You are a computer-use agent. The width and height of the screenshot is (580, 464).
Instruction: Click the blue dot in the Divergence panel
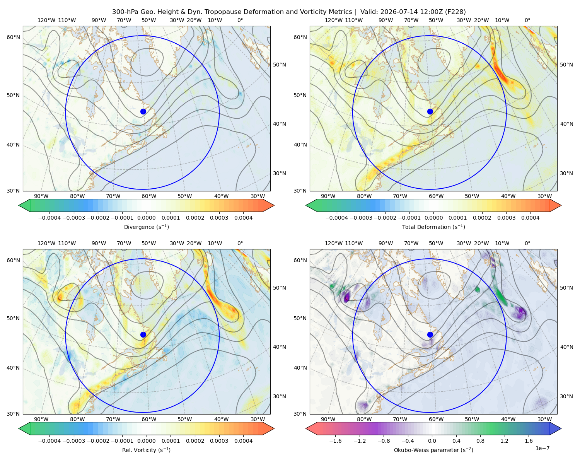tap(143, 111)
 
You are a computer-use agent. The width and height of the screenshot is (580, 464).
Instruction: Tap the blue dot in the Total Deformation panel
tap(430, 111)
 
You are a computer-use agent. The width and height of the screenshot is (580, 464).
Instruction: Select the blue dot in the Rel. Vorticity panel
tap(143, 334)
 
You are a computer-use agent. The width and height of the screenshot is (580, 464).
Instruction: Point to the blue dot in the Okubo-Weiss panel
tap(430, 334)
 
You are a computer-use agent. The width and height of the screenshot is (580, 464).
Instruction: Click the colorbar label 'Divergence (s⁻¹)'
tap(146, 227)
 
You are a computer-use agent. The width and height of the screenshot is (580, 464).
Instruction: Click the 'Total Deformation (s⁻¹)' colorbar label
tap(433, 227)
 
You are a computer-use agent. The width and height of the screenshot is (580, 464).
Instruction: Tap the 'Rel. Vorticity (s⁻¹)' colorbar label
tap(146, 450)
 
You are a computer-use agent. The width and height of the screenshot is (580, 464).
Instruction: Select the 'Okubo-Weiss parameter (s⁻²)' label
tap(433, 450)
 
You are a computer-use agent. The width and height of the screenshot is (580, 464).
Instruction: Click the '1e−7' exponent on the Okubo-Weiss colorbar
tap(542, 448)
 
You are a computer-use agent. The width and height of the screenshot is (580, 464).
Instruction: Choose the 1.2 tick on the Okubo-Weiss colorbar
tap(504, 441)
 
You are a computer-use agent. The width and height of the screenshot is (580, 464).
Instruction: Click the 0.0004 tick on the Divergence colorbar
tap(243, 218)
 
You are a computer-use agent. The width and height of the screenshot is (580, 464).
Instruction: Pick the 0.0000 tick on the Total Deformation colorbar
tap(433, 218)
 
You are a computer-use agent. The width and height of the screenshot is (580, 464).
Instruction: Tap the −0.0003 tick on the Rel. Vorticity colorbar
tap(73, 441)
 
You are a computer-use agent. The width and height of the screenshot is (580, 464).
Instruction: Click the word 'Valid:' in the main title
tap(368, 12)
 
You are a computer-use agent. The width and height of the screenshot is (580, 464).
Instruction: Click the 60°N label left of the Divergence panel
tap(13, 37)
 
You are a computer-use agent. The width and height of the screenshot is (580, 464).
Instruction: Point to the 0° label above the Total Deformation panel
tap(527, 20)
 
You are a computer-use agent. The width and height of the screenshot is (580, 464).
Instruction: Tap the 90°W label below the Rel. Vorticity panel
tap(41, 419)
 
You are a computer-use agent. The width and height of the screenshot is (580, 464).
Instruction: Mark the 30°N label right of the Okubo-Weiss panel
tap(566, 396)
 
